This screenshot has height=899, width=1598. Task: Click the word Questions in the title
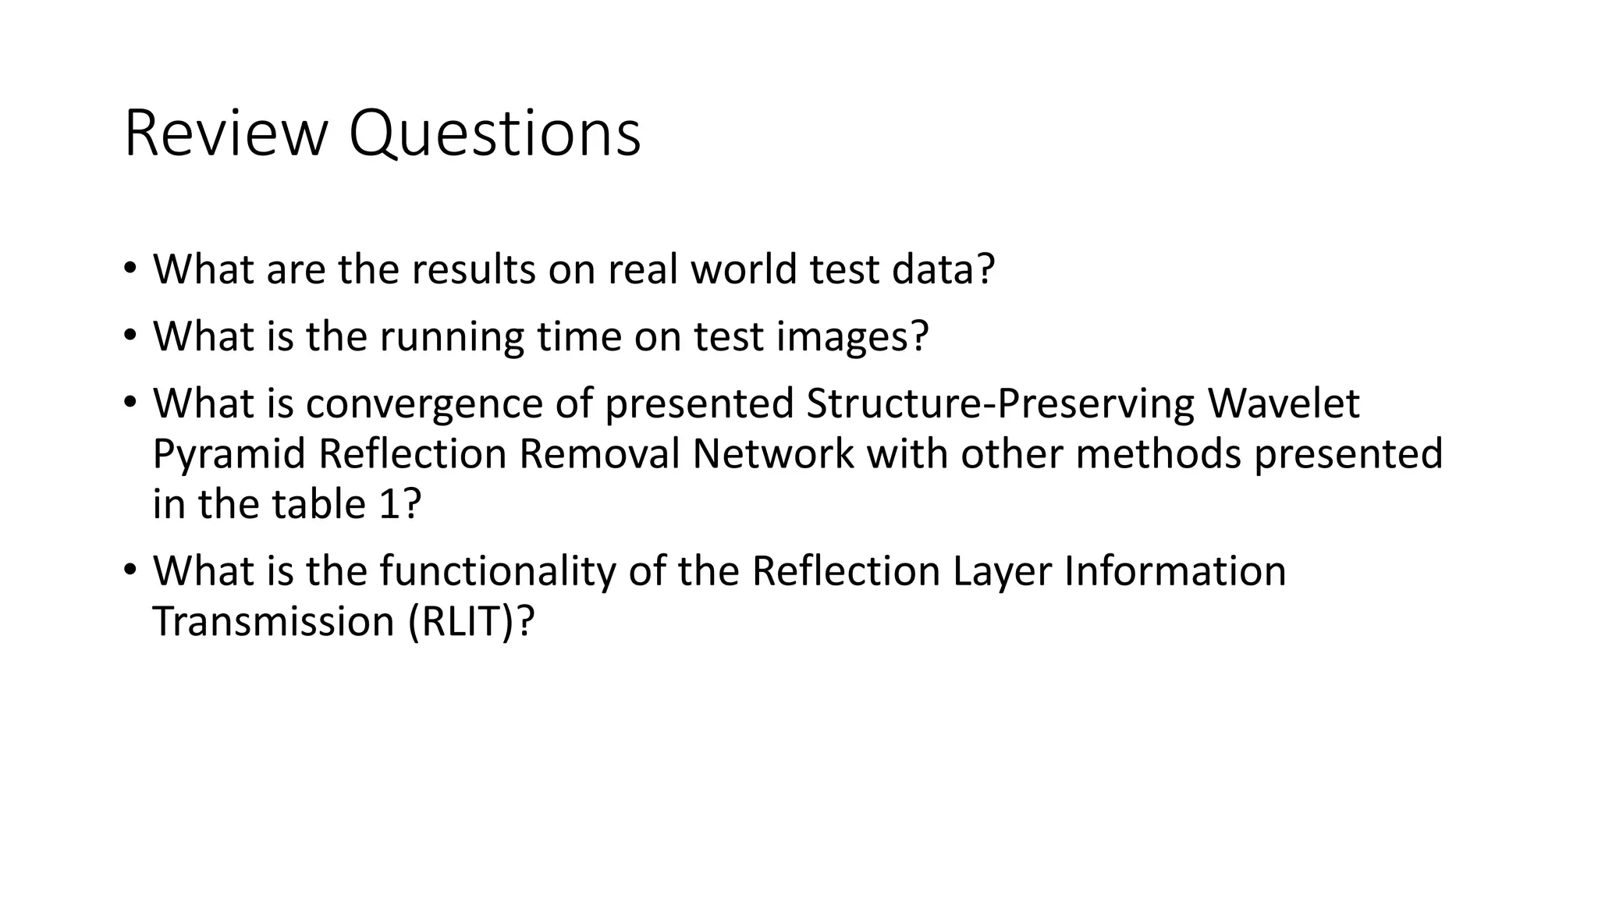coord(495,134)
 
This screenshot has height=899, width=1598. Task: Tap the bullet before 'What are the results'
coord(130,269)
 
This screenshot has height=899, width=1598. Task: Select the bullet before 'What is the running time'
coord(130,336)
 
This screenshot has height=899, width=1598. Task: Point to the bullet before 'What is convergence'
coord(130,403)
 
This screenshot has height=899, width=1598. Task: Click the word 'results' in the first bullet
coord(473,269)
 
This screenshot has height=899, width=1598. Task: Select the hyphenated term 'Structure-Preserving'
coord(1000,403)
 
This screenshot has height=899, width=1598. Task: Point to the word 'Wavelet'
coord(1284,403)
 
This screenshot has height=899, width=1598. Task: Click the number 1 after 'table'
coord(389,504)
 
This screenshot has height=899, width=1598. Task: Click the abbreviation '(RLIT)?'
coord(471,622)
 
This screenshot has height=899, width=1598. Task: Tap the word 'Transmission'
coord(273,622)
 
